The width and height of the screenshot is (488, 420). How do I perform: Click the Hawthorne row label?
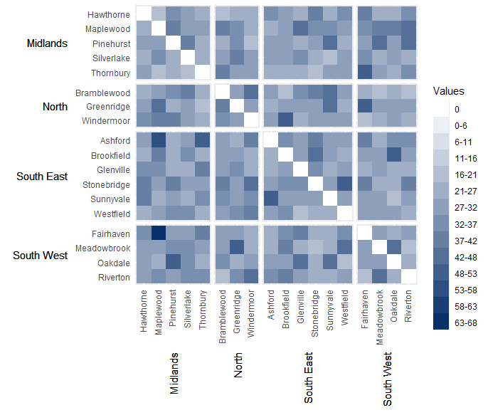[108, 14]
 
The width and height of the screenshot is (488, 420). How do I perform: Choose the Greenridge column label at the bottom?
[238, 311]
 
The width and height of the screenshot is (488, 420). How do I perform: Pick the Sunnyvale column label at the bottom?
[331, 311]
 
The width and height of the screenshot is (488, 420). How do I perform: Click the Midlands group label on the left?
[47, 43]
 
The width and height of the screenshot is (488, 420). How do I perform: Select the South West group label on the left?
[41, 256]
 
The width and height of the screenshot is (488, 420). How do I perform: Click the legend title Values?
[449, 91]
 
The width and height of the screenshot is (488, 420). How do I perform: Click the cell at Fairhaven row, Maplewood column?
[159, 233]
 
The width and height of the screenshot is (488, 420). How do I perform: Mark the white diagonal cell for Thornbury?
[202, 73]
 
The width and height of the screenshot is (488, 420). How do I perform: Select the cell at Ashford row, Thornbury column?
[202, 141]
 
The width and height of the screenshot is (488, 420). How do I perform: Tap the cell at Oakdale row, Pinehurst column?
[173, 263]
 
